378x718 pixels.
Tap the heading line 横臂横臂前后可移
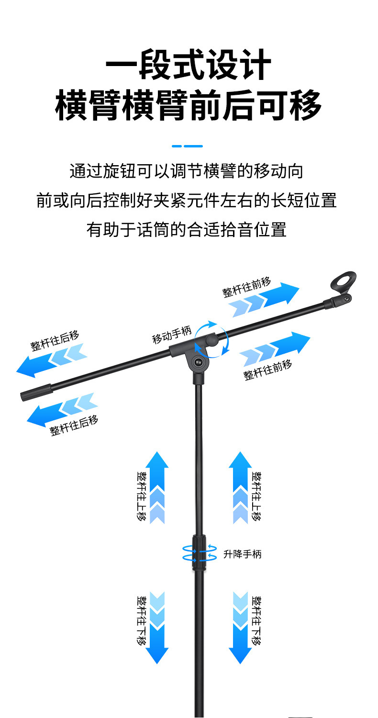pos(188,106)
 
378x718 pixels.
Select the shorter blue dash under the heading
pos(177,146)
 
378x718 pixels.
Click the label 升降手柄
pos(243,554)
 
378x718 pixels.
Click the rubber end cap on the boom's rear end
pos(36,392)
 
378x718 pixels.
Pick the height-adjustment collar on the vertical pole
pos(199,552)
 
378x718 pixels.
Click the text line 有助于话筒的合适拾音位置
pos(187,229)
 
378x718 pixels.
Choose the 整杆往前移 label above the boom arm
pos(246,288)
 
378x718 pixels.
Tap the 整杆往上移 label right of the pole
pos(257,496)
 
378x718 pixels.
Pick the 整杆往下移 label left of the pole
pos(142,620)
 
